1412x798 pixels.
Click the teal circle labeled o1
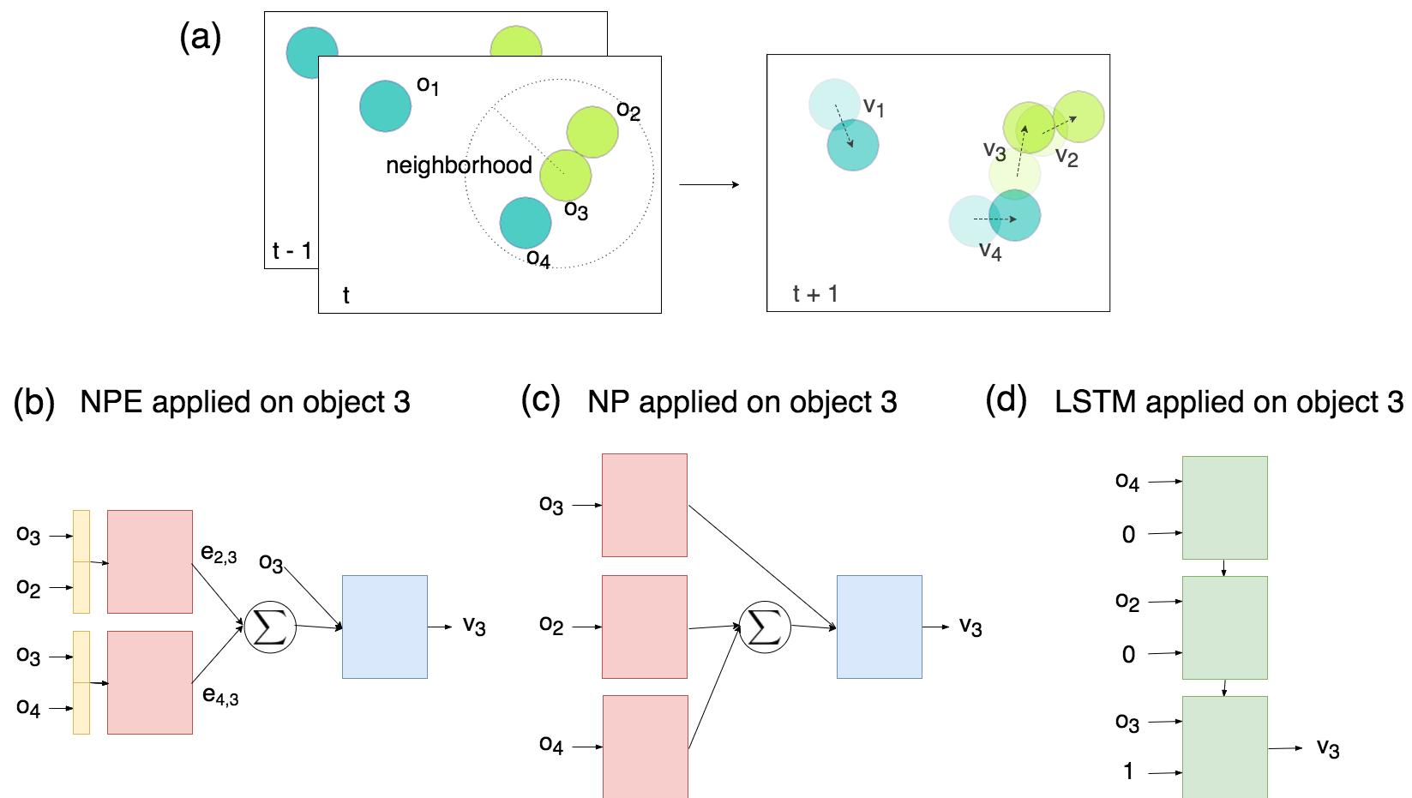pyautogui.click(x=385, y=106)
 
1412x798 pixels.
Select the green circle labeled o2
pyautogui.click(x=592, y=131)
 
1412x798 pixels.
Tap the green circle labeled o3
pyautogui.click(x=566, y=175)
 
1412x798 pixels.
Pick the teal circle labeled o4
pyautogui.click(x=525, y=223)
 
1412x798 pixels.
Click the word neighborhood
pyautogui.click(x=459, y=165)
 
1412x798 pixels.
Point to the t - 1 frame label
pyautogui.click(x=291, y=251)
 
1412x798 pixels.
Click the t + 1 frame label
pyautogui.click(x=815, y=294)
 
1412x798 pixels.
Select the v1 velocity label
pyautogui.click(x=874, y=107)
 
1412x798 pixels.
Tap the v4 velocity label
pyautogui.click(x=990, y=251)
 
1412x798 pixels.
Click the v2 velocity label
pyautogui.click(x=1067, y=157)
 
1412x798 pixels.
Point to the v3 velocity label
pyautogui.click(x=994, y=152)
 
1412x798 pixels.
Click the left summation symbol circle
pyautogui.click(x=270, y=627)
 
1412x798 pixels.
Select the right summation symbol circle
pyautogui.click(x=765, y=627)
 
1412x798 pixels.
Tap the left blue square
pyautogui.click(x=385, y=627)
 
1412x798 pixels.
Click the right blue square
pyautogui.click(x=880, y=627)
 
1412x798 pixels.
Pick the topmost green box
pyautogui.click(x=1224, y=507)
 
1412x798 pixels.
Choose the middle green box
pyautogui.click(x=1224, y=627)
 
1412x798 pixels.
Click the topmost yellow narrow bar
pyautogui.click(x=81, y=536)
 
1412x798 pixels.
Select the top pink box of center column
pyautogui.click(x=645, y=505)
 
